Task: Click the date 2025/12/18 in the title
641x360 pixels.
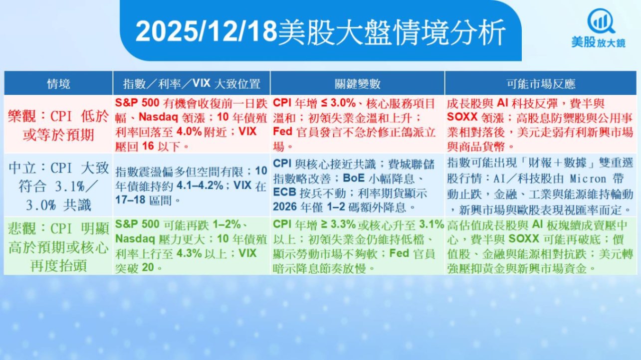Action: (207, 31)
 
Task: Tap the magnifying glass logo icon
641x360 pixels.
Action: (601, 21)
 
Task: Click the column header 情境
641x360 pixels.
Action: (58, 84)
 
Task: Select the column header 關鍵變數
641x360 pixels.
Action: (358, 84)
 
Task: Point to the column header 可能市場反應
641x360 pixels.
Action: (541, 84)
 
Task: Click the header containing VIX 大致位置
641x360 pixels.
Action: (192, 83)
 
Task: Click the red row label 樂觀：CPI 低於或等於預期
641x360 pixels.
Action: (58, 125)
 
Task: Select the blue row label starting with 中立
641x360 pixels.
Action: (58, 186)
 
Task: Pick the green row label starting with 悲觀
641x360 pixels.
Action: (58, 247)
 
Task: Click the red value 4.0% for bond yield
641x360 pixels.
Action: (189, 132)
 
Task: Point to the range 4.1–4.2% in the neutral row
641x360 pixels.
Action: (200, 185)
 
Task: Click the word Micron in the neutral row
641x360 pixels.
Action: (588, 179)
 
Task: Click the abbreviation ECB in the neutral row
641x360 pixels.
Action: (284, 192)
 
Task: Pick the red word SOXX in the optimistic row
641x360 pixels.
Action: (462, 117)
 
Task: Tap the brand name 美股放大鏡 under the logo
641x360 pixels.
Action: (599, 43)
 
